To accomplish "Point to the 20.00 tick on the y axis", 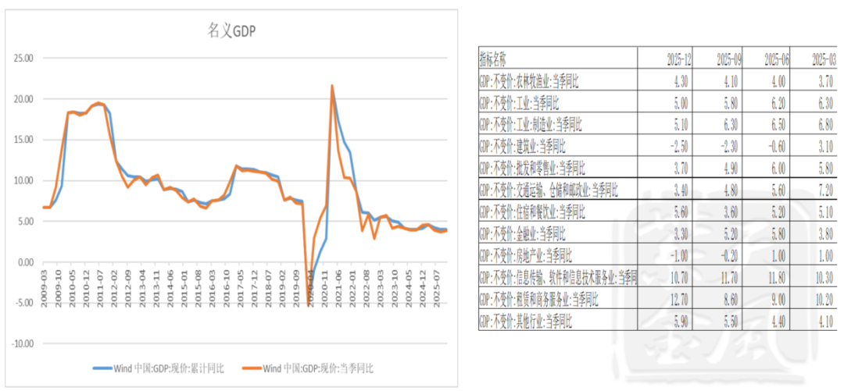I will (x=22, y=99).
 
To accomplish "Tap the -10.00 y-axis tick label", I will (x=20, y=343).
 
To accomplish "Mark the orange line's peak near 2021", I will (x=332, y=86).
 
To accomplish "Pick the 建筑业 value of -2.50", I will (x=678, y=145).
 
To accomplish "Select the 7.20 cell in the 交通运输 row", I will (x=823, y=190).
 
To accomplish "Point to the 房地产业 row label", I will (x=526, y=255).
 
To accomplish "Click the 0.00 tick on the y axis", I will (x=26, y=262).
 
